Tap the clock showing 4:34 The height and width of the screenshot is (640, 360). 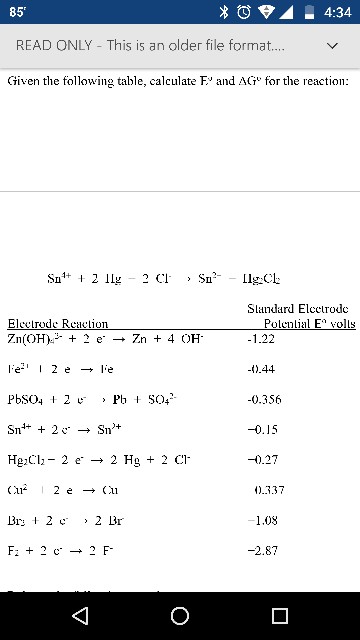(x=336, y=13)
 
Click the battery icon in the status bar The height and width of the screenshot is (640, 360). (x=309, y=13)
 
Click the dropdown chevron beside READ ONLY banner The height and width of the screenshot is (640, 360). (x=332, y=47)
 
